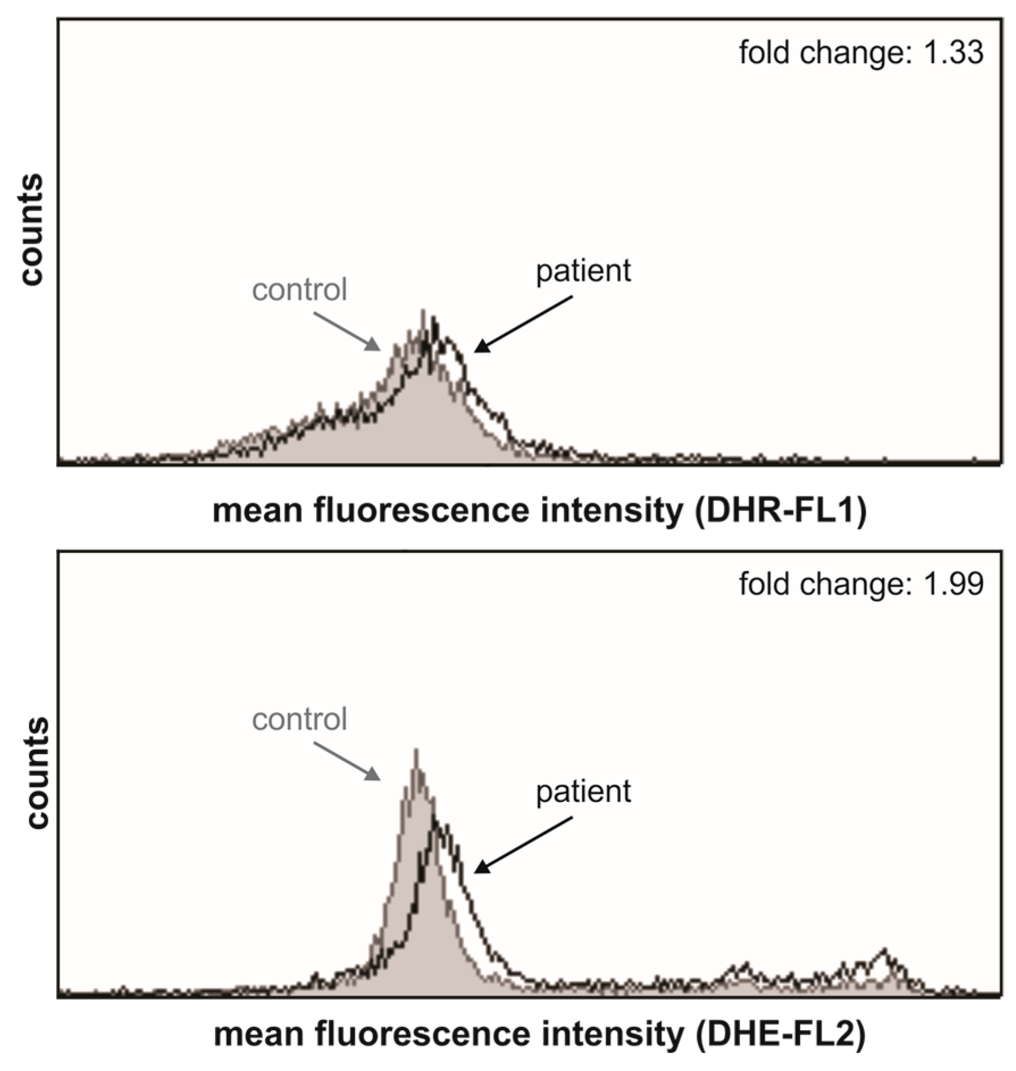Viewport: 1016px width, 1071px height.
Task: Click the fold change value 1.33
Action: tap(953, 53)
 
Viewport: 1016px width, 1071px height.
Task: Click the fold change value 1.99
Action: tap(953, 584)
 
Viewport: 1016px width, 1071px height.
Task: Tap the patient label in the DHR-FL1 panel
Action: tap(583, 271)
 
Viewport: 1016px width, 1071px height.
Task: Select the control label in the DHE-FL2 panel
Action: tap(299, 719)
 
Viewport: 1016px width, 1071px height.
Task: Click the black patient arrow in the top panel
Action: tap(523, 324)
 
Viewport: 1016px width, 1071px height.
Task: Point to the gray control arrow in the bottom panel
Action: tap(347, 761)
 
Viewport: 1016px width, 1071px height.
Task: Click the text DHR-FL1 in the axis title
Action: tap(781, 511)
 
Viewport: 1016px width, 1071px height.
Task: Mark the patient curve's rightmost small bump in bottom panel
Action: tap(883, 952)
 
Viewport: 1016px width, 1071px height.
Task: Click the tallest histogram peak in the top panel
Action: tap(423, 314)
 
